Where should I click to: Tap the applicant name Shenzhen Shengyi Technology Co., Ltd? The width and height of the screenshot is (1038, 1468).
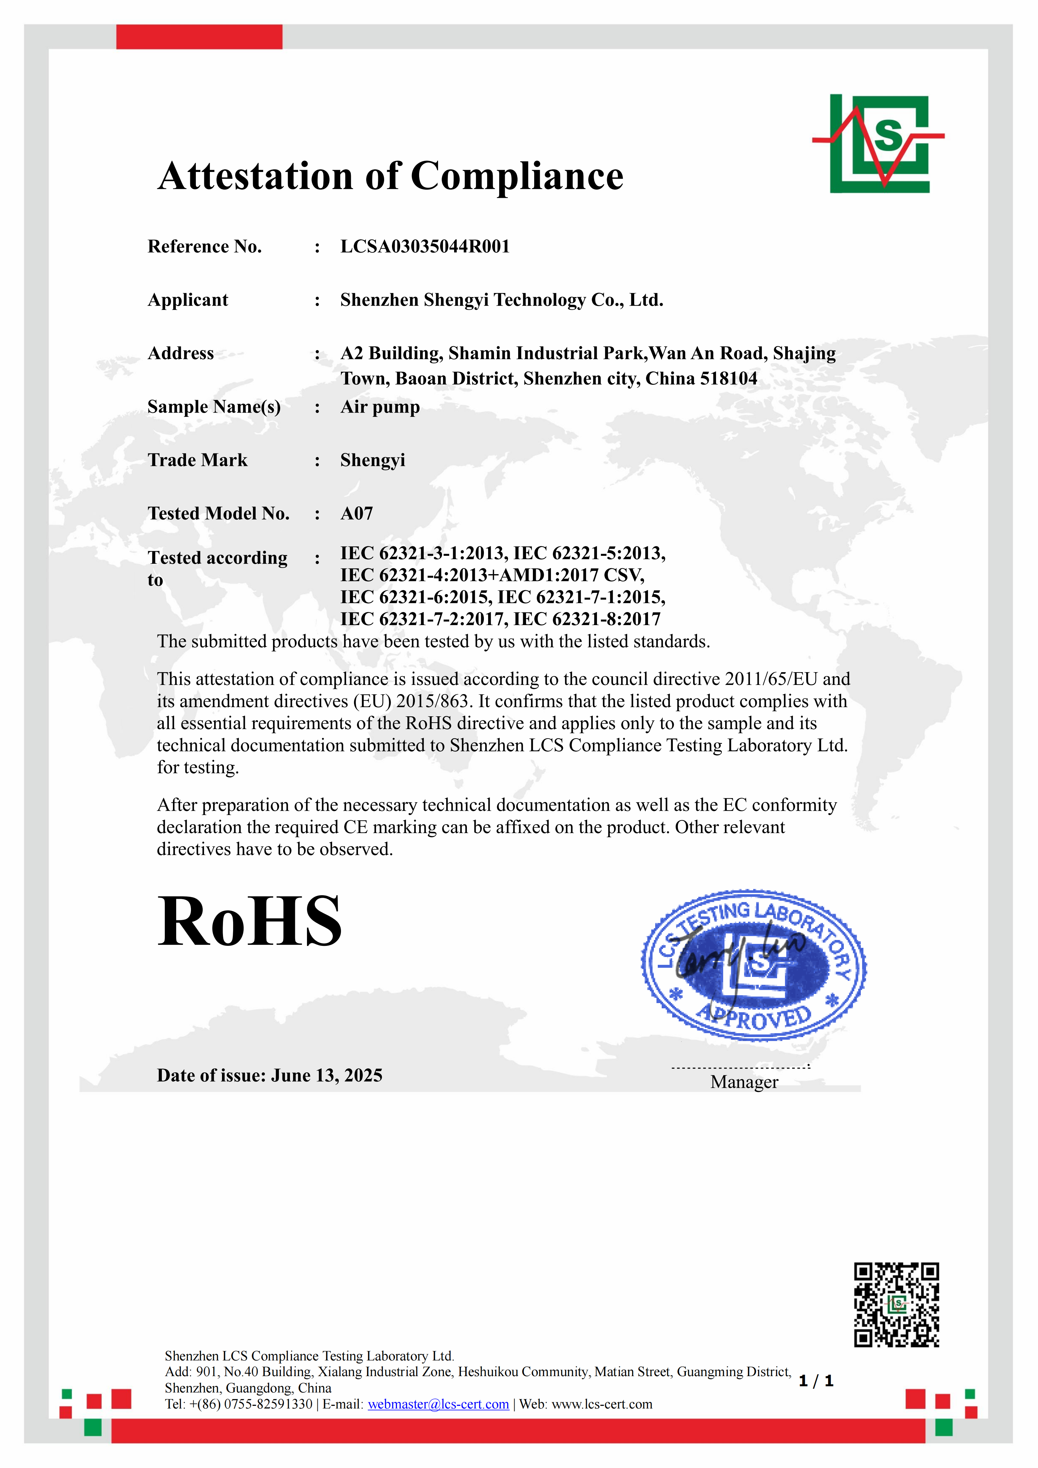(x=501, y=300)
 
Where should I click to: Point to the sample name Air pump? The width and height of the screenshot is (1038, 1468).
(x=380, y=407)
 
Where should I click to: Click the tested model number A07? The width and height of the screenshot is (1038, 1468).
(x=356, y=513)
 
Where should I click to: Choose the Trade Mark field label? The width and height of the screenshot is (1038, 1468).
(x=197, y=460)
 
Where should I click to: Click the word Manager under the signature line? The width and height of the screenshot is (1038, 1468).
(x=744, y=1082)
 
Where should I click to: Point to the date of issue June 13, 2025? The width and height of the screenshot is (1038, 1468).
(x=327, y=1075)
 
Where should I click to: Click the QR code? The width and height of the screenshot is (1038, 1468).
(x=896, y=1304)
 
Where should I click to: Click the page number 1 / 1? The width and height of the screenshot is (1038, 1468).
(x=816, y=1381)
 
